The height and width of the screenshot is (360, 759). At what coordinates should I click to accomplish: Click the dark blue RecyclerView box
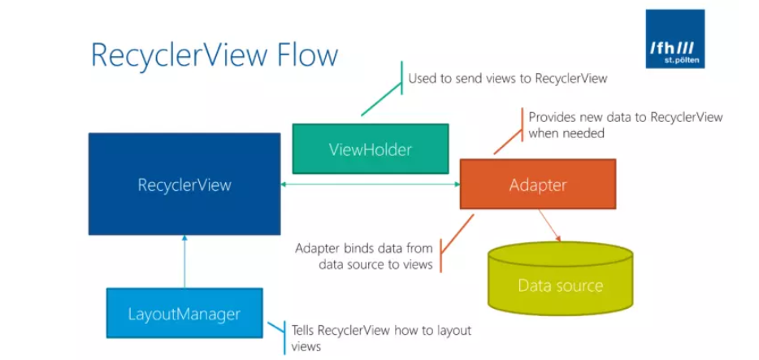[184, 185]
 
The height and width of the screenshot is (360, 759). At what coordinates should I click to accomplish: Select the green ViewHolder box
[370, 149]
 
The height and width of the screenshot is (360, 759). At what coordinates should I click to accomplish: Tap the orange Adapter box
[537, 184]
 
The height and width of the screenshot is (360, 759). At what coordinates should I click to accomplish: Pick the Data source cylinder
[560, 280]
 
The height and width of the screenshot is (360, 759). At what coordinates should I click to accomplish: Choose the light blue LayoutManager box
[184, 313]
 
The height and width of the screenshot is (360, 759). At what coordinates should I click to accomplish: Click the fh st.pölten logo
[674, 39]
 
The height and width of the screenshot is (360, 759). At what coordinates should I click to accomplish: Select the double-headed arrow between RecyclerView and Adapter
[370, 185]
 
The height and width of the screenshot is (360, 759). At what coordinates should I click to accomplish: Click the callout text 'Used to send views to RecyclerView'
[507, 79]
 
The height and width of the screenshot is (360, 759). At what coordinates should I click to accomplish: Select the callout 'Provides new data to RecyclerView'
[625, 117]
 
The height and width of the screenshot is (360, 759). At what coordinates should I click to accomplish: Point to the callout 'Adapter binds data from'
[363, 248]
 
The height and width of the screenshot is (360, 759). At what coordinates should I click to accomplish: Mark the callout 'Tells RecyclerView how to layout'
[381, 331]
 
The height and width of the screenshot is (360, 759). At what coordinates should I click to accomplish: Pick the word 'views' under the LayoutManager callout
[306, 347]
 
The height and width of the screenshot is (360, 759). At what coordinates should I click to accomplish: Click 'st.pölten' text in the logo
[676, 60]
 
